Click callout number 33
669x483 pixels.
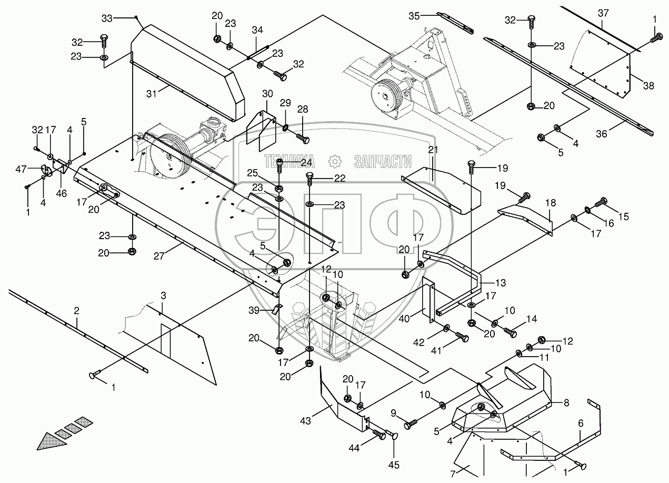click(x=107, y=18)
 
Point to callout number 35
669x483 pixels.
click(x=415, y=15)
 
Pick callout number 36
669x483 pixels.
click(x=601, y=134)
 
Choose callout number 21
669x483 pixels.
click(x=433, y=150)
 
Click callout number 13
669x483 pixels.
click(x=500, y=283)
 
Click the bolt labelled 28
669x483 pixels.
click(x=302, y=139)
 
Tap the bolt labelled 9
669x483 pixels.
click(x=411, y=422)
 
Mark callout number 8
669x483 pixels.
click(x=566, y=403)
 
